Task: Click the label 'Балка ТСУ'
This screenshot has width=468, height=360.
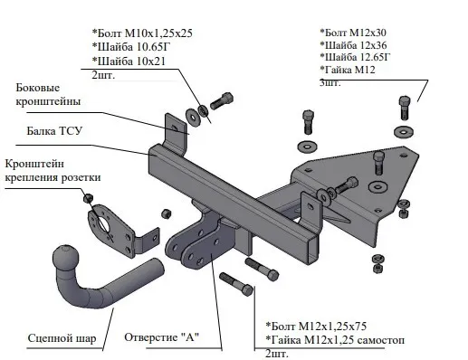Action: coord(54,131)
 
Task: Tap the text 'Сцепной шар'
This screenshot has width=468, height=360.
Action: coord(62,338)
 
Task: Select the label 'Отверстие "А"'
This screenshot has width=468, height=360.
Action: coord(162,337)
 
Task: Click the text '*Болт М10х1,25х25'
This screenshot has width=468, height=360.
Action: coord(142,33)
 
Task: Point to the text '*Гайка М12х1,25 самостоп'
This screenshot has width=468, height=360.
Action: coord(335,340)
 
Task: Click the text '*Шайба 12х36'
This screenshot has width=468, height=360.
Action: coord(353,45)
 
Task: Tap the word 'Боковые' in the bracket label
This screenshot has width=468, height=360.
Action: coord(38,88)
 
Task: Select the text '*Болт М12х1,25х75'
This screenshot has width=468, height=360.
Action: coord(316,327)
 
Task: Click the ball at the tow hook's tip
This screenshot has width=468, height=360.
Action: coord(66,259)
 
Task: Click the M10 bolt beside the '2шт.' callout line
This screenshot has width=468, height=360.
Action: coord(222,100)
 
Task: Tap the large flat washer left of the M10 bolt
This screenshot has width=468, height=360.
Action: coord(194,117)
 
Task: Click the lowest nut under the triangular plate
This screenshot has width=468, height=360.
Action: coord(377,268)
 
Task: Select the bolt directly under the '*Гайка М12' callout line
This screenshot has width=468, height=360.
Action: coord(404,108)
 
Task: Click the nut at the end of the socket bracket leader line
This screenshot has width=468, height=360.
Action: coord(88,198)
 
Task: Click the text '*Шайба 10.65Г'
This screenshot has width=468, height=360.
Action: coord(133,47)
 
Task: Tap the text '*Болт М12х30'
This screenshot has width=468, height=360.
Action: coord(353,33)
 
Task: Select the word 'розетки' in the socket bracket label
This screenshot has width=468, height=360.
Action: coord(81,177)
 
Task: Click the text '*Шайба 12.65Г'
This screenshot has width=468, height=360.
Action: coord(355,57)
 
